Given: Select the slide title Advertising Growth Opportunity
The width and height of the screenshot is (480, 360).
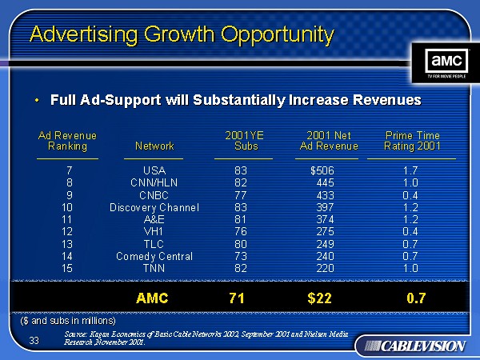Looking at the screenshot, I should (x=181, y=34).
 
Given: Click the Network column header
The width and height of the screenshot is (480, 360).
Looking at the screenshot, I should (x=154, y=146).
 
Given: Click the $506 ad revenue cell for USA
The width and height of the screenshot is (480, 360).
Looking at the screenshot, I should (x=322, y=170).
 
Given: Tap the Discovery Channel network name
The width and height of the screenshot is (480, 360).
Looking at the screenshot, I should (x=154, y=208).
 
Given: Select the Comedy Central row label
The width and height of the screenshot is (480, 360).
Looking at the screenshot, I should (x=154, y=256).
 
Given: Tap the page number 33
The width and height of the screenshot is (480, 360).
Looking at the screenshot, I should (x=34, y=341).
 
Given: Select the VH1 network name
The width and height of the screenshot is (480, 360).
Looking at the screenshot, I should (x=154, y=232).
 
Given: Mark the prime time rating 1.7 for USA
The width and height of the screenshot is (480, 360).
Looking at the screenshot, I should (x=410, y=170).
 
